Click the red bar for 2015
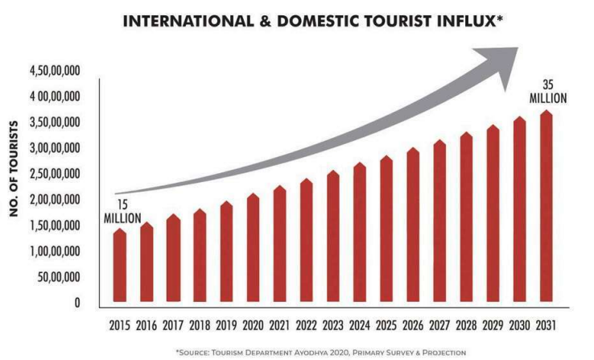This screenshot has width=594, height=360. tap(119, 267)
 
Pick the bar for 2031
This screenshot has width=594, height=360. tap(548, 209)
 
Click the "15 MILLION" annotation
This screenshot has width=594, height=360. tap(122, 212)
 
